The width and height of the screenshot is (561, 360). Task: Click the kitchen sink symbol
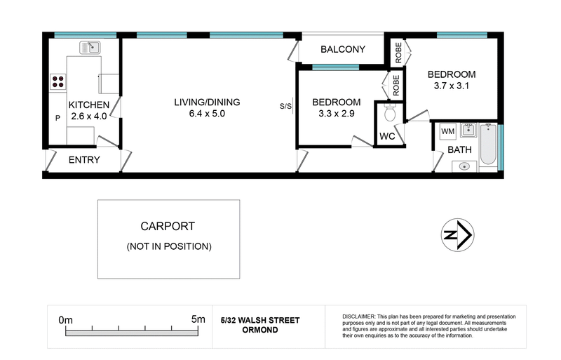[x=90, y=47]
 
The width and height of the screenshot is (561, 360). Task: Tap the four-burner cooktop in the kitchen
[x=58, y=81]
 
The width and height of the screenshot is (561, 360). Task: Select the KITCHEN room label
[x=89, y=105]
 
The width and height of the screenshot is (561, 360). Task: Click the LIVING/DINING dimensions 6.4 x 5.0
[x=207, y=114]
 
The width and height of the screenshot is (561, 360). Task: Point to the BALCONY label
[x=343, y=49]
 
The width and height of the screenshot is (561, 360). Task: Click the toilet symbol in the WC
[x=390, y=112]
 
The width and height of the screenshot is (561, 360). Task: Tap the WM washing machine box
[x=447, y=131]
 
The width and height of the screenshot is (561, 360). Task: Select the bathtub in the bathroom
[x=488, y=144]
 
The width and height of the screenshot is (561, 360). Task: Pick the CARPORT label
[x=168, y=227]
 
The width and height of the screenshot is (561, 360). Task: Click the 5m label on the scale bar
[x=198, y=319]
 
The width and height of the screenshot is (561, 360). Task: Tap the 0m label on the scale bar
[x=66, y=320]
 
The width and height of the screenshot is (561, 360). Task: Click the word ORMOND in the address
[x=260, y=330]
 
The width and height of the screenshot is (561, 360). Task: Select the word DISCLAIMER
[x=359, y=316]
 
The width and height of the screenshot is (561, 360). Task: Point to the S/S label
[x=285, y=107]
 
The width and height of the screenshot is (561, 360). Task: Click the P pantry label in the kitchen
[x=58, y=118]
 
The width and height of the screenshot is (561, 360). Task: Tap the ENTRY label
[x=84, y=160]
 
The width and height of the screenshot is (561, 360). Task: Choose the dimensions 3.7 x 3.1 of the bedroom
[x=452, y=86]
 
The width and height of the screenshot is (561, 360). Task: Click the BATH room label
[x=460, y=149]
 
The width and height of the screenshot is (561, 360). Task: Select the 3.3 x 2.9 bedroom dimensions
[x=337, y=114]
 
